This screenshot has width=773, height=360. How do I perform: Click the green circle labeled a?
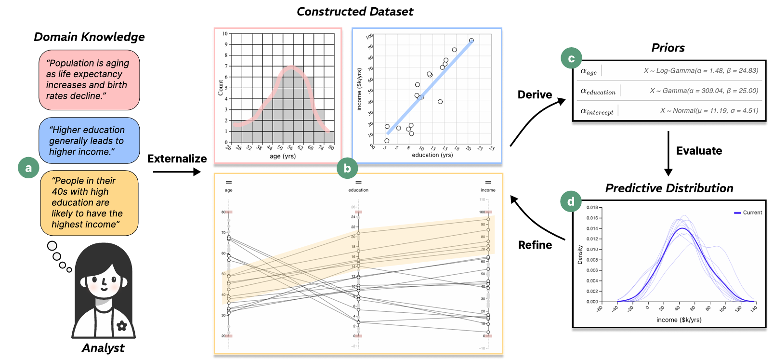pyautogui.click(x=28, y=168)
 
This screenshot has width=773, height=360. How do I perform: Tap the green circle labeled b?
pyautogui.click(x=347, y=168)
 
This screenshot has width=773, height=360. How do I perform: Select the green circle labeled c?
pyautogui.click(x=571, y=58)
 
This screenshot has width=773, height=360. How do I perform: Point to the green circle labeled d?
pyautogui.click(x=571, y=201)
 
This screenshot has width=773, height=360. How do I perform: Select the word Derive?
pyautogui.click(x=535, y=94)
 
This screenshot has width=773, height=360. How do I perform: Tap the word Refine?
pyautogui.click(x=535, y=245)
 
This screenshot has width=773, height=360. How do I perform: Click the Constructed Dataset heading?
pyautogui.click(x=354, y=12)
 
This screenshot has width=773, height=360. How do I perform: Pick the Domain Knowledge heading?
pyautogui.click(x=89, y=37)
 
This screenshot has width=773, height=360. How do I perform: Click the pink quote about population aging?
pyautogui.click(x=89, y=80)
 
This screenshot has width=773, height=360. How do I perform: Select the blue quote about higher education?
pyautogui.click(x=89, y=141)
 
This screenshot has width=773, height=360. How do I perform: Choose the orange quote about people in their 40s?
pyautogui.click(x=89, y=202)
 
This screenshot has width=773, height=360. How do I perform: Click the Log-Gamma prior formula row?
pyautogui.click(x=701, y=71)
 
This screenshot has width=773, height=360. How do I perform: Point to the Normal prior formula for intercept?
pyautogui.click(x=709, y=111)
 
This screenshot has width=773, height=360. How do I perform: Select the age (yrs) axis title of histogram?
pyautogui.click(x=283, y=156)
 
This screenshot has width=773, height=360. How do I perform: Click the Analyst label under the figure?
pyautogui.click(x=103, y=348)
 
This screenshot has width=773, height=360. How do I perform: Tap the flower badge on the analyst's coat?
pyautogui.click(x=122, y=326)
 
